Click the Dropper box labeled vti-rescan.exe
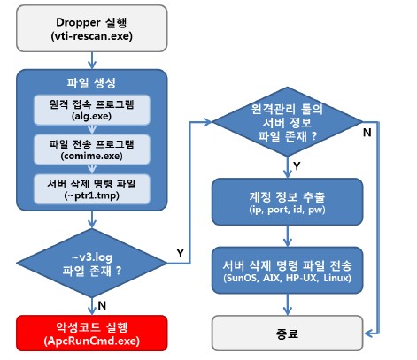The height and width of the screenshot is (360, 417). tap(92, 28)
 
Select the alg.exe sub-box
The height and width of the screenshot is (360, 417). tap(92, 110)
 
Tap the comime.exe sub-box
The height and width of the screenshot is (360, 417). tap(92, 149)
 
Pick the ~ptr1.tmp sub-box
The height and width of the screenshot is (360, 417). tap(92, 189)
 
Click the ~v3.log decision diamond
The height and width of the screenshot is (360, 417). tap(92, 263)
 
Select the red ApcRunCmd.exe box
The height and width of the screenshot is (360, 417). tap(92, 333)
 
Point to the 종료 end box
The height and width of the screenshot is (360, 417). tap(287, 333)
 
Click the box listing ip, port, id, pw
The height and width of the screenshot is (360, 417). tap(287, 202)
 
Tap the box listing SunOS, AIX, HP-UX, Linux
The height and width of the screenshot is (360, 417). tap(287, 271)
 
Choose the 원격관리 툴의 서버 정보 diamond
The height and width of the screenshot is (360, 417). tap(287, 121)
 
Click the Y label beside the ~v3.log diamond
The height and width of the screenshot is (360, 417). tap(181, 253)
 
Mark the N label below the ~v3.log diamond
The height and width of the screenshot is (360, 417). tap(102, 305)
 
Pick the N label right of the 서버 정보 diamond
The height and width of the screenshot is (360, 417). tap(367, 133)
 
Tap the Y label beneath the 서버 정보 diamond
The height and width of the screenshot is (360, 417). tap(297, 166)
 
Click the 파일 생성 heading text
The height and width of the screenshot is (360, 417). tap(91, 83)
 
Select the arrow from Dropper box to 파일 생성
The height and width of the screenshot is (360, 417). tap(92, 60)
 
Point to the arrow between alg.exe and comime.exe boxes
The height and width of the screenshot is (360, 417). tap(92, 130)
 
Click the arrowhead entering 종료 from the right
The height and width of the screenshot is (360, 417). tap(368, 333)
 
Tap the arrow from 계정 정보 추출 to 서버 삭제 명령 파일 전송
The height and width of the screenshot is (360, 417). tap(288, 236)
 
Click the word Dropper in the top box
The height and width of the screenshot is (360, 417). tap(78, 22)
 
